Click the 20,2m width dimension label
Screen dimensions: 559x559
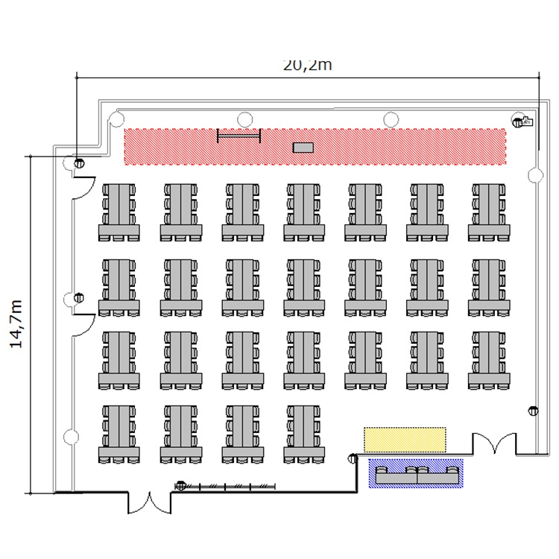click(307, 66)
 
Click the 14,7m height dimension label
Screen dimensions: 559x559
click(16, 324)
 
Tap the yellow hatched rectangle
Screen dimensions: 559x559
click(405, 440)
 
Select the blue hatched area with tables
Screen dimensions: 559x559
click(416, 473)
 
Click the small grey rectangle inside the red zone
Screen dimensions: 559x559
click(303, 148)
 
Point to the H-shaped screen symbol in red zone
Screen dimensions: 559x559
click(239, 136)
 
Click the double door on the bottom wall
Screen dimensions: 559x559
click(149, 502)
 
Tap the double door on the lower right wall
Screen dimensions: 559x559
click(494, 443)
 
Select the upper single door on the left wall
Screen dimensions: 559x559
click(83, 188)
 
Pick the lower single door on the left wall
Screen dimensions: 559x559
click(83, 325)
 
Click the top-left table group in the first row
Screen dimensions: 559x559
click(119, 212)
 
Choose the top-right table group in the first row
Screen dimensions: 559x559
click(489, 212)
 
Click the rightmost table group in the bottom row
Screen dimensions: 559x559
click(304, 435)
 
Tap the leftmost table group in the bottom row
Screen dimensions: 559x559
click(119, 435)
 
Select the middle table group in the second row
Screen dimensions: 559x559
click(304, 288)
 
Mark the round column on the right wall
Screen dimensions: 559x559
click(535, 175)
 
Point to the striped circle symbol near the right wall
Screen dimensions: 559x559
click(533, 411)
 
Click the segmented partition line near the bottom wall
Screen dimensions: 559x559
click(225, 486)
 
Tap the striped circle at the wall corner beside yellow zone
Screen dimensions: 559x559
click(353, 458)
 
